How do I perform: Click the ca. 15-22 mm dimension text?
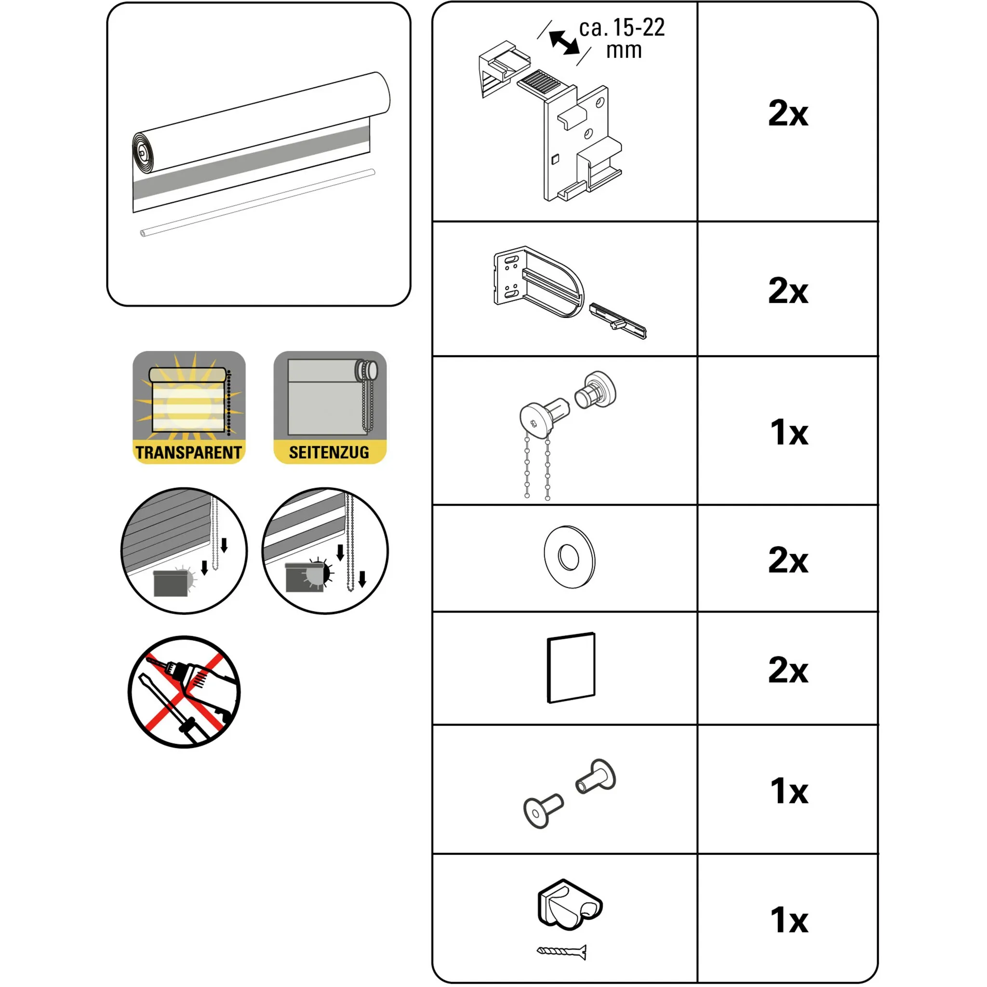622,39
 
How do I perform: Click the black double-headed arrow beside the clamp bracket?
564,42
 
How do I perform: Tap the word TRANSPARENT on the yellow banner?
188,453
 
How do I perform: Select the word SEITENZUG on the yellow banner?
329,452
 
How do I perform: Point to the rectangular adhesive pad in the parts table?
571,667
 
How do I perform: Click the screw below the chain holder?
561,952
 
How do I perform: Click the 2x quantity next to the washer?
788,560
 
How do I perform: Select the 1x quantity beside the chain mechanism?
789,432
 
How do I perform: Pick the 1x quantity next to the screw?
789,920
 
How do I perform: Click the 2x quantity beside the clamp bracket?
788,113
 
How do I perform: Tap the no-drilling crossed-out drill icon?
185,692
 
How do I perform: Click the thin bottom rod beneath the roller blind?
257,203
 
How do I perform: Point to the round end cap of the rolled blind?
141,152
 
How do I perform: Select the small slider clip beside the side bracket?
618,321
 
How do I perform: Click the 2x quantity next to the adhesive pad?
788,670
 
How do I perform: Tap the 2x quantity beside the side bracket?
788,291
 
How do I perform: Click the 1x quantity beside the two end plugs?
789,791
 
